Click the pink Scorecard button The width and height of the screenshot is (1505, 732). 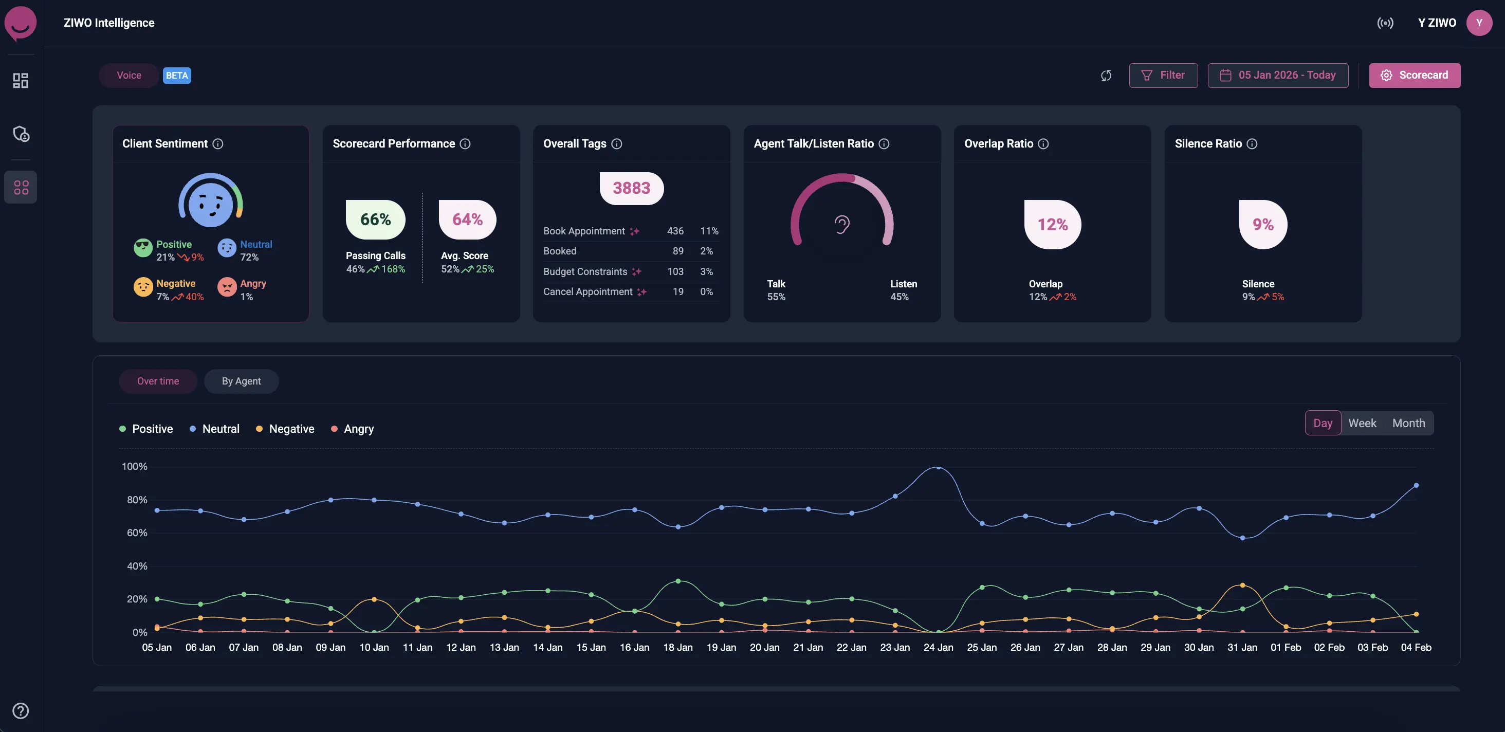[1414, 76]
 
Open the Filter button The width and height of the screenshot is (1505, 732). [1163, 76]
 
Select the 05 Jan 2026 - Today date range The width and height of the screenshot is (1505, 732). [1278, 76]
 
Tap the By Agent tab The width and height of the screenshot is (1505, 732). [241, 381]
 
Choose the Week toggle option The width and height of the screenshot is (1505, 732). [1362, 423]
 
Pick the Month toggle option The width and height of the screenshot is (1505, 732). [1408, 423]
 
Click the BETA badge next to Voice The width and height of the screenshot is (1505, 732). [176, 76]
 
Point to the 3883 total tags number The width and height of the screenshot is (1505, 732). [631, 188]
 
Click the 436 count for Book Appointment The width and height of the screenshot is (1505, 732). [675, 231]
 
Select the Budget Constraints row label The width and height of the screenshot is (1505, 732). [585, 271]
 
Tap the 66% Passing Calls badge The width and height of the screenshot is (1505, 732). [375, 219]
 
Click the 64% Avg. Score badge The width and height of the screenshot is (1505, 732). [467, 219]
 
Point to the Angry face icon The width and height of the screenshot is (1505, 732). [227, 287]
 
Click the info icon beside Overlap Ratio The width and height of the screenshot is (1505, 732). [1043, 144]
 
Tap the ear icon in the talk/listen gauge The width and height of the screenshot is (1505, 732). [842, 224]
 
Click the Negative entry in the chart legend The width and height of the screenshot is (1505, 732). [291, 429]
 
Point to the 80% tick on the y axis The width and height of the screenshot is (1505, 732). [137, 500]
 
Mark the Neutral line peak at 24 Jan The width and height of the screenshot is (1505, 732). [938, 467]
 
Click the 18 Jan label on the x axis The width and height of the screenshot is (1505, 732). [678, 647]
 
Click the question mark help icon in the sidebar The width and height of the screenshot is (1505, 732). [21, 710]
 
